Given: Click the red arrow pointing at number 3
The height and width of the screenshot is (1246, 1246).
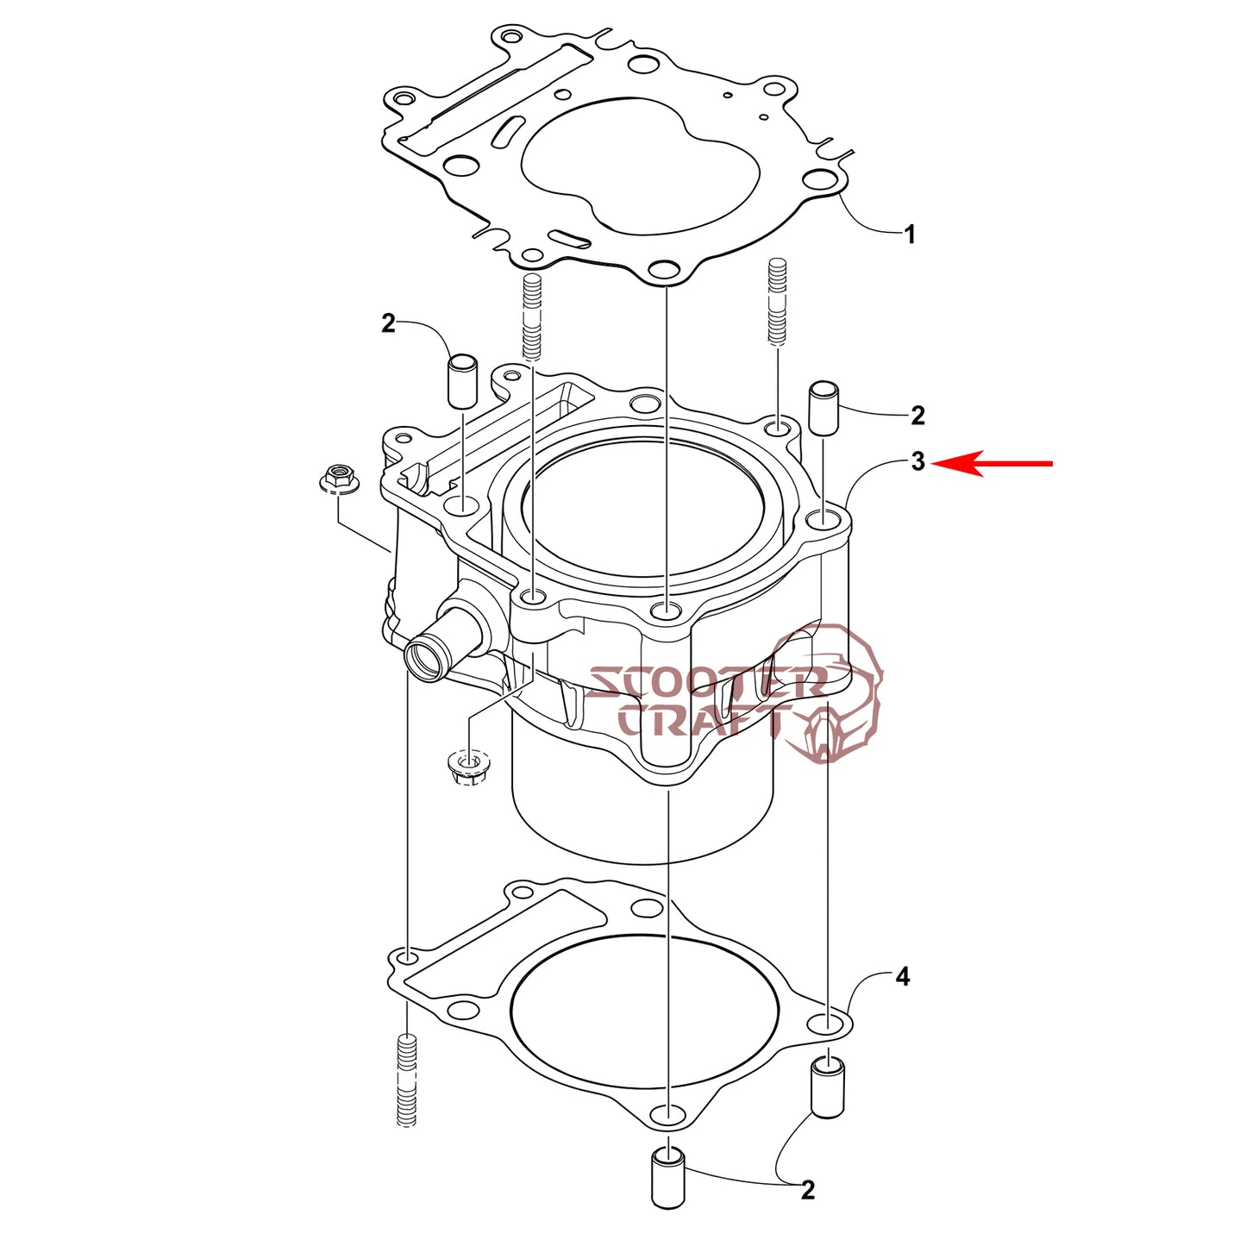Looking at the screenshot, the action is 992,464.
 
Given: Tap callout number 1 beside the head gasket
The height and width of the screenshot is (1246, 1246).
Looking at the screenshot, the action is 909,235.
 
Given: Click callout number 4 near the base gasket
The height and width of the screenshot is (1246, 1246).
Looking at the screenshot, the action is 903,976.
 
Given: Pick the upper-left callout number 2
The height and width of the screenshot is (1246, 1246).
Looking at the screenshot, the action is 388,323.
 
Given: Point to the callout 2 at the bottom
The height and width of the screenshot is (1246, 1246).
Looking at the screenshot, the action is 808,1207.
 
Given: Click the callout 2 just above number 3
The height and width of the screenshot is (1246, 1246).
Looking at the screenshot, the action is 917,415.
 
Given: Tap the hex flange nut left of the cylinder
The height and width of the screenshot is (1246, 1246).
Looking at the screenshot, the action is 339,479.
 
